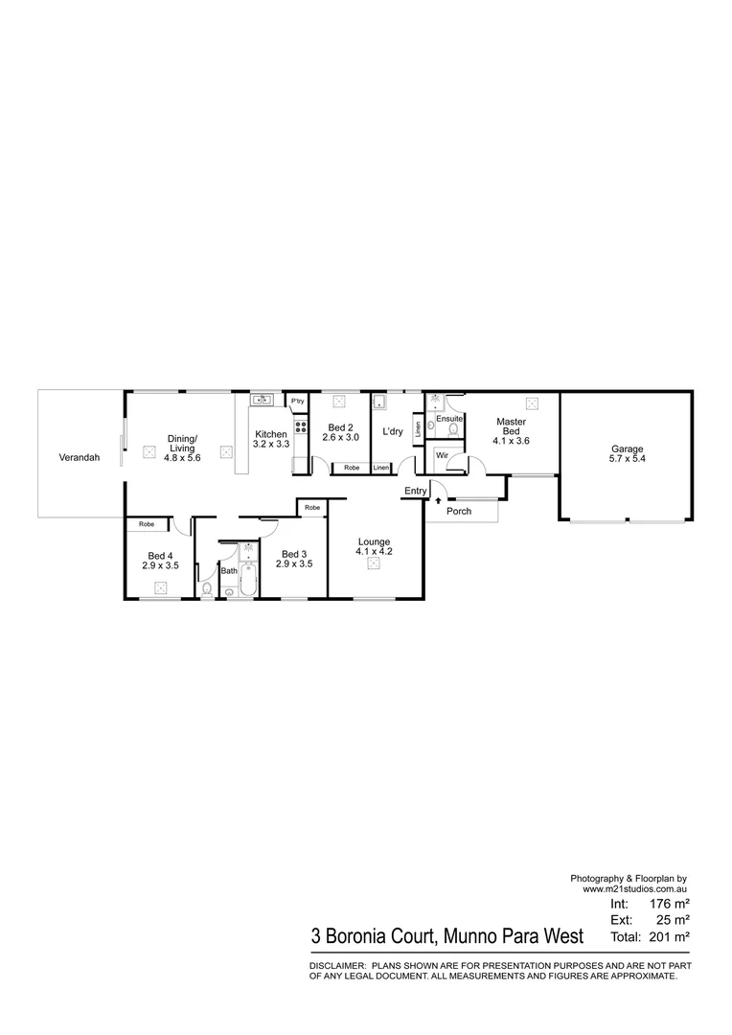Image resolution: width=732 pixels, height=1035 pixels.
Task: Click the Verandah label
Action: [80, 458]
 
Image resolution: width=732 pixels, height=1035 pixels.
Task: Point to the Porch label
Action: [459, 511]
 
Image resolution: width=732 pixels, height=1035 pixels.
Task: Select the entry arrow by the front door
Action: [438, 499]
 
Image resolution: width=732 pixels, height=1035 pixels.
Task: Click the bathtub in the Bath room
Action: [248, 579]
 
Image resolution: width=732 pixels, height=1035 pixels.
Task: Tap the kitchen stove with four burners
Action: [300, 427]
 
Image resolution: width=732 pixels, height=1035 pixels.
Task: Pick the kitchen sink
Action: [261, 401]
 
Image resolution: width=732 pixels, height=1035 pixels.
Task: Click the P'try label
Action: [297, 401]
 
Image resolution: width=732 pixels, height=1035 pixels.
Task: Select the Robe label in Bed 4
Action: [146, 524]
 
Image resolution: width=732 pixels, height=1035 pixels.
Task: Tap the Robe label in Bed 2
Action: [352, 468]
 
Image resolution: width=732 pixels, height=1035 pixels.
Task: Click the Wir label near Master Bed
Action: [443, 456]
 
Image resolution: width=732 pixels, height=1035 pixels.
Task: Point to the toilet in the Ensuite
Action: [453, 430]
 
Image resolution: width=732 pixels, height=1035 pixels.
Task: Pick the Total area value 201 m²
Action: [671, 936]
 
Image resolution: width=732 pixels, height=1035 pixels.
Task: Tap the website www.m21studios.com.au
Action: [635, 889]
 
